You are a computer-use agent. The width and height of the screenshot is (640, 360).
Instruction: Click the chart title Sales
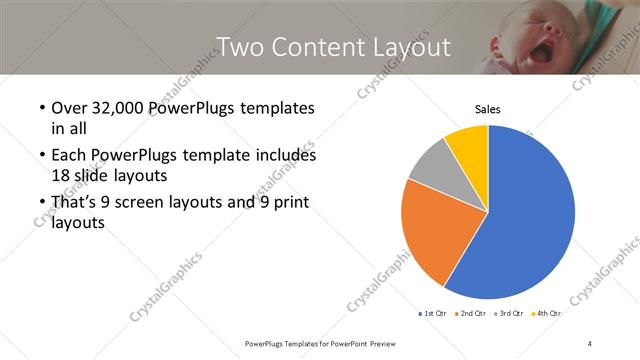487,109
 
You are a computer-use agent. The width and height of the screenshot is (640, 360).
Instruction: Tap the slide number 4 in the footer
590,344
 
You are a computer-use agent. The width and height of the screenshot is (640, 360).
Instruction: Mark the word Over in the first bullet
67,107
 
